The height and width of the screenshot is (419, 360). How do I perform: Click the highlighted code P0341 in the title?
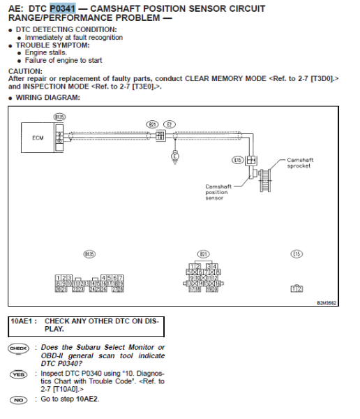tap(62, 8)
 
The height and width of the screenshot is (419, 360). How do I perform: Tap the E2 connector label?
tap(169, 124)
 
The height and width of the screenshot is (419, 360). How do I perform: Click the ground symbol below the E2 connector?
tap(174, 159)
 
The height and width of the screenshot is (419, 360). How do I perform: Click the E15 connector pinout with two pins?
tap(297, 288)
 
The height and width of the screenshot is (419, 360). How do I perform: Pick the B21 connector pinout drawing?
tap(204, 278)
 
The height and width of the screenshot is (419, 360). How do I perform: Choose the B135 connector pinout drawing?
tap(89, 283)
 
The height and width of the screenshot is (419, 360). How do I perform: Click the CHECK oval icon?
tap(17, 348)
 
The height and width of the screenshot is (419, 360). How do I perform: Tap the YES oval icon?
tap(17, 374)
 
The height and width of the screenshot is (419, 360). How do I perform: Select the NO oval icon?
tap(17, 399)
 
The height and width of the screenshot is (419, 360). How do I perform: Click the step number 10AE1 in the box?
tap(24, 321)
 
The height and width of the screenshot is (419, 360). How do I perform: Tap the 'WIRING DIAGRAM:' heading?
tap(47, 97)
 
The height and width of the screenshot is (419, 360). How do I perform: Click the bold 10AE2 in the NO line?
tap(88, 399)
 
